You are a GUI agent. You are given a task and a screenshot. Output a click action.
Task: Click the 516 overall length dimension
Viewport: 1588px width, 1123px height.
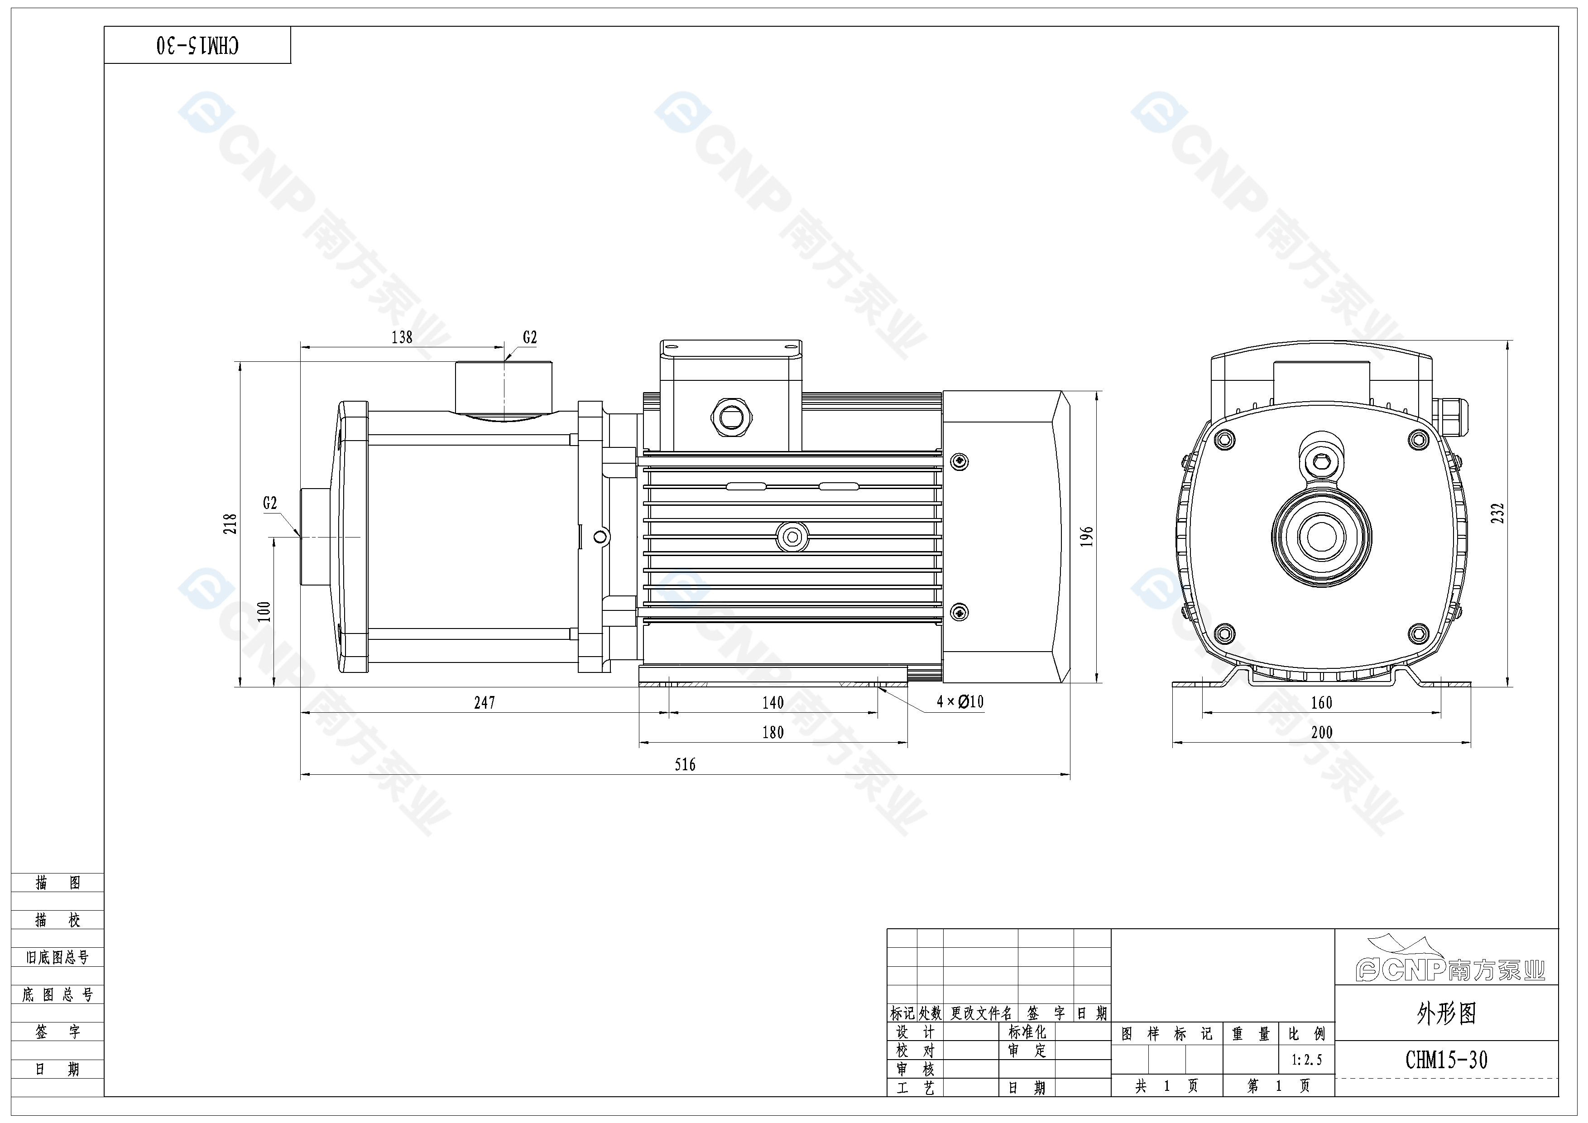coord(685,764)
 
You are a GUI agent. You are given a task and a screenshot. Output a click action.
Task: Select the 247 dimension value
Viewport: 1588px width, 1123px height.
coord(484,703)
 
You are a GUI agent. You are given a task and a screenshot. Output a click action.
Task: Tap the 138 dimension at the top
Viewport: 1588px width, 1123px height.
coord(402,337)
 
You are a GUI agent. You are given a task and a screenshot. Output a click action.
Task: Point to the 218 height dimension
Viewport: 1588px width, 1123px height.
coord(230,523)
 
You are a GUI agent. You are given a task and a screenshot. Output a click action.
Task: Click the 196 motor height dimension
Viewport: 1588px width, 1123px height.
coord(1087,537)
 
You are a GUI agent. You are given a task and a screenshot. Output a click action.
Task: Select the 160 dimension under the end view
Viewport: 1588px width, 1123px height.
coord(1321,703)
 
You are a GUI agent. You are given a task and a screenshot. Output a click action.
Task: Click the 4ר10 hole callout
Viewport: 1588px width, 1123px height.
coord(960,702)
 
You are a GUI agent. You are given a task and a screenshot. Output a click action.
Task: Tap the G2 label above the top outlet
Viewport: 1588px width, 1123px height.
coord(530,337)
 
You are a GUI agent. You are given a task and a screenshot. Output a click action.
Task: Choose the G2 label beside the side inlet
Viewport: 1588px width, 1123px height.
coord(270,504)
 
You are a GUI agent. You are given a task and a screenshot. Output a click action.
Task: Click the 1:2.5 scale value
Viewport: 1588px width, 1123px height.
coord(1306,1060)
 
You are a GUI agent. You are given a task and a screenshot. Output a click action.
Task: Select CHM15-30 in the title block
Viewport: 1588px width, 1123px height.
coord(1446,1060)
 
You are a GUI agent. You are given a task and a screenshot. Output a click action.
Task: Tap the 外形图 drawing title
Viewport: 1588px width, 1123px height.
coord(1446,1014)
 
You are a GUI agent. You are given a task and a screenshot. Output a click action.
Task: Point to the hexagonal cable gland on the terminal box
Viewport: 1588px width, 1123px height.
coord(732,417)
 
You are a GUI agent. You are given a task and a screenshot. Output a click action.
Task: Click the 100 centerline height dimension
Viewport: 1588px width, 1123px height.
coord(264,611)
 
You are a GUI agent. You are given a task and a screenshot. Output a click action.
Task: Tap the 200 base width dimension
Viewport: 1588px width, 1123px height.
coord(1321,732)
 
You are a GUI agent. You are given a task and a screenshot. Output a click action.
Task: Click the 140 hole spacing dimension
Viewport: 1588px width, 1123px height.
coord(772,703)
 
